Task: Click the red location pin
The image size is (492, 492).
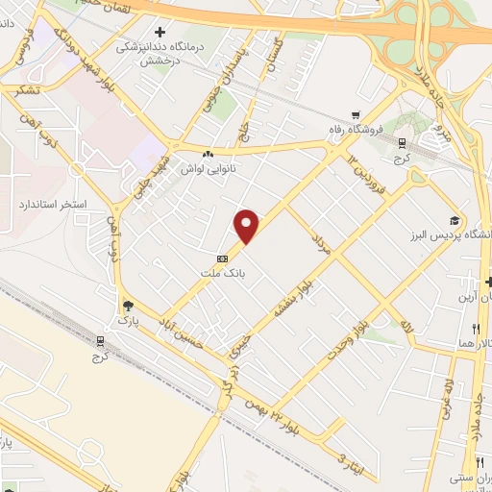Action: [247, 225]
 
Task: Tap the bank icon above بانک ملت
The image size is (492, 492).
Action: [223, 258]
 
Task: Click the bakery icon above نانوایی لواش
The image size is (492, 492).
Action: [208, 154]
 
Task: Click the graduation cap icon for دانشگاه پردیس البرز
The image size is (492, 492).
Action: [453, 220]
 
